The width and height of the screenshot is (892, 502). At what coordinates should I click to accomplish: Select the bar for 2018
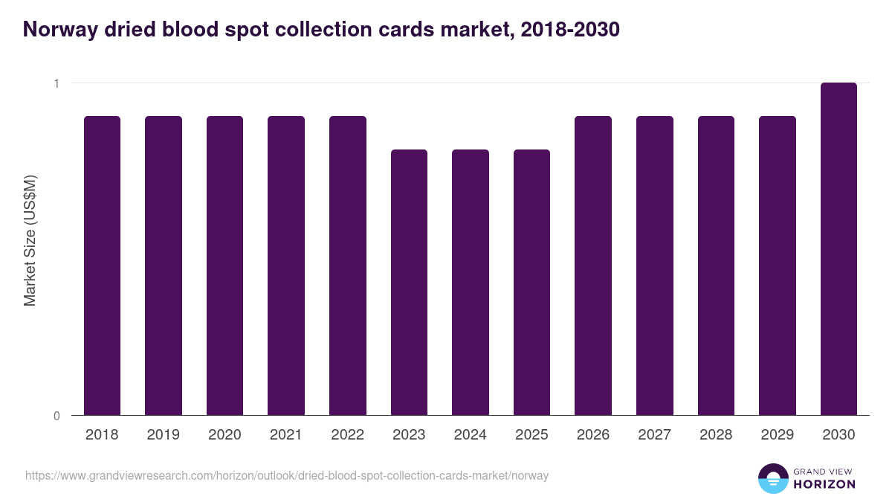[x=102, y=266]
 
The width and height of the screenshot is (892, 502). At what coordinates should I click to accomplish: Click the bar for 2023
[x=409, y=283]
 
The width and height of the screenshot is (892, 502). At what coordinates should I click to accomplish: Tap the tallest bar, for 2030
[x=838, y=249]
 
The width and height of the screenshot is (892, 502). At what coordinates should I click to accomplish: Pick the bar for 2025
[x=531, y=283]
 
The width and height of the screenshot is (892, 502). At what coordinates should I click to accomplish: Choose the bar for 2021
[x=286, y=266]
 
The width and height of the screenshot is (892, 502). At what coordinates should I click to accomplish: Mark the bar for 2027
[x=655, y=266]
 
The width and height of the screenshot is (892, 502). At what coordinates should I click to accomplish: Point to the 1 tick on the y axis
[x=56, y=83]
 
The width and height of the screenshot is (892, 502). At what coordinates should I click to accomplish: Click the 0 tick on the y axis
[x=56, y=416]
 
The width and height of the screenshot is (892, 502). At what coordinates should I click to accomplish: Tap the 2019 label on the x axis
[x=164, y=435]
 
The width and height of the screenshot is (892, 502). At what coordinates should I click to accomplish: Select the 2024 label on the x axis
[x=471, y=435]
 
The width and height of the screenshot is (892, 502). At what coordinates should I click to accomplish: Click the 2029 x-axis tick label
[x=778, y=435]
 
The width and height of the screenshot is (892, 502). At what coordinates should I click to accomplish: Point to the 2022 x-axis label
[x=347, y=435]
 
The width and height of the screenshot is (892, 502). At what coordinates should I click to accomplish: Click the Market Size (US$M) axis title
[x=30, y=239]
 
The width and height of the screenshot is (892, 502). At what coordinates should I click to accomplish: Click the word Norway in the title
[x=62, y=30]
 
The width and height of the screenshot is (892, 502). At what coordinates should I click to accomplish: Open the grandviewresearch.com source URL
[x=287, y=475]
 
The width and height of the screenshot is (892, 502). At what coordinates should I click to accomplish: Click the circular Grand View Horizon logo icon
[x=773, y=478]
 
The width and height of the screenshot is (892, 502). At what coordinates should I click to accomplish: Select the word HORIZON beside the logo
[x=825, y=484]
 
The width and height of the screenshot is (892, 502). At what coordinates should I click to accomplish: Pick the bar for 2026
[x=593, y=266]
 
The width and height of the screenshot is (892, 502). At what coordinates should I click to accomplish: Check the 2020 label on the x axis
[x=224, y=435]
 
